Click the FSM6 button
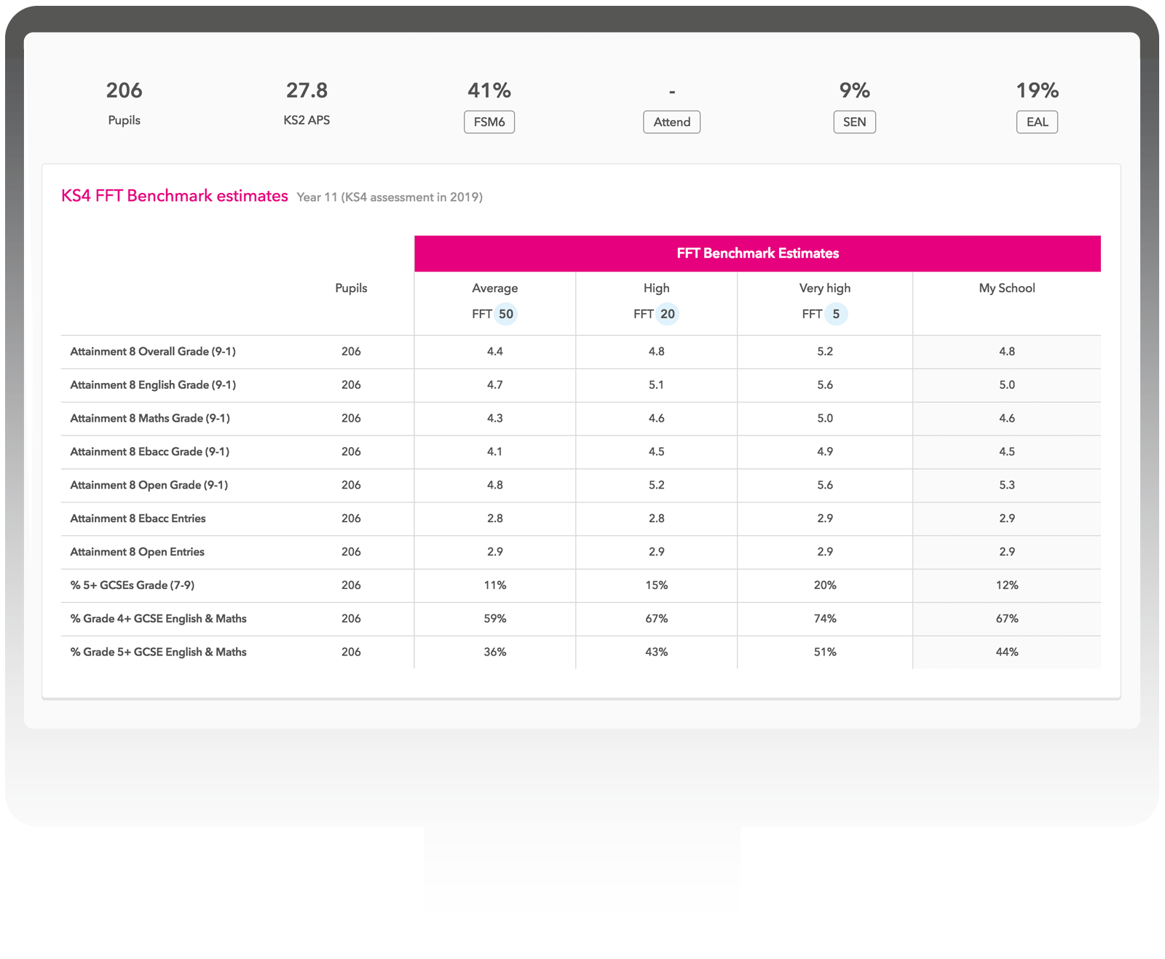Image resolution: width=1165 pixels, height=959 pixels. [489, 122]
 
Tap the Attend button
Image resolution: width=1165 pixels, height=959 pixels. [671, 122]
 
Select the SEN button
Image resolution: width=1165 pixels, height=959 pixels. [854, 122]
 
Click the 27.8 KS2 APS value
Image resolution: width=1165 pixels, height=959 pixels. [307, 90]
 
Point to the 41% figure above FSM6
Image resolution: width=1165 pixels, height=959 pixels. [489, 90]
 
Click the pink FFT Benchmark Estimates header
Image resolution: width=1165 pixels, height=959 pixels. [757, 253]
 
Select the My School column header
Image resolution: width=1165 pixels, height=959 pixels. [1006, 288]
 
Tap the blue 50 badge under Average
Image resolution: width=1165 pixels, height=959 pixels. [506, 314]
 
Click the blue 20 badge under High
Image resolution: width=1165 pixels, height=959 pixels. [668, 314]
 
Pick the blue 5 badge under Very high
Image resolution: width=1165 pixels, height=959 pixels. [836, 314]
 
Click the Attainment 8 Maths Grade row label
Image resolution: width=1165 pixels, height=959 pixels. [150, 418]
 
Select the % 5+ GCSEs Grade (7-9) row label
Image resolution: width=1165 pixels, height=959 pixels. [132, 585]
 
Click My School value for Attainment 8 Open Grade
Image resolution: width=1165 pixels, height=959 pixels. [1006, 485]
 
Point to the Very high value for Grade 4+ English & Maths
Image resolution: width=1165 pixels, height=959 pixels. [825, 618]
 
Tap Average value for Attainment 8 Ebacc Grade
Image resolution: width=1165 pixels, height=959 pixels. [495, 451]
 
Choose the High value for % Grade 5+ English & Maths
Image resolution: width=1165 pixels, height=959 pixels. [656, 652]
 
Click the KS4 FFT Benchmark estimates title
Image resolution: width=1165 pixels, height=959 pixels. [175, 196]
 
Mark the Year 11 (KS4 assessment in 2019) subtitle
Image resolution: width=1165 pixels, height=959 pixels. [390, 197]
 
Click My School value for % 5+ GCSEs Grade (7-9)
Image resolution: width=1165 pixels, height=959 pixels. [1006, 585]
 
